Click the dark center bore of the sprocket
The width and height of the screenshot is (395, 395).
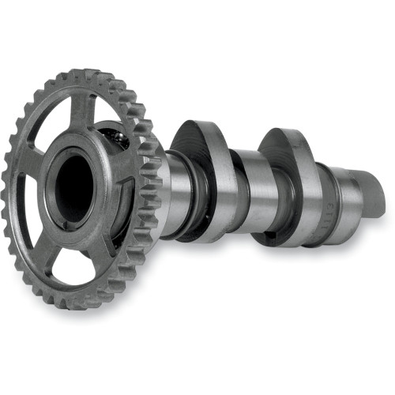pyautogui.click(x=73, y=187)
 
